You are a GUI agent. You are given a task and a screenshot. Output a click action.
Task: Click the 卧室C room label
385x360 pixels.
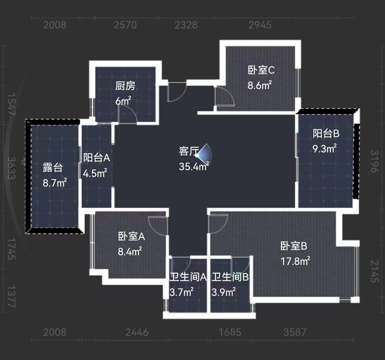[x=261, y=70]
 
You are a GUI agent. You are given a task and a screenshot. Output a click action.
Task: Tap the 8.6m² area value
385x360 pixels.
[x=260, y=85]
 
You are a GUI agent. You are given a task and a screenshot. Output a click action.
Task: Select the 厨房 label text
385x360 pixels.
[x=125, y=86]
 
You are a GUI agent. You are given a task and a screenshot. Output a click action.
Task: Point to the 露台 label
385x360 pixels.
[x=53, y=167]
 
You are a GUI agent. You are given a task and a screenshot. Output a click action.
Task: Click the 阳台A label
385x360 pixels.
[x=97, y=158]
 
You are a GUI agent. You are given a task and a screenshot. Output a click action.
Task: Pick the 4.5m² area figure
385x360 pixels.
[x=95, y=173]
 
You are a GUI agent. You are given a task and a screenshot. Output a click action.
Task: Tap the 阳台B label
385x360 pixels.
[x=326, y=134]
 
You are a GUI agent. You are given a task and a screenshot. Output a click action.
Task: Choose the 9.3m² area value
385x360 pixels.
[x=325, y=149]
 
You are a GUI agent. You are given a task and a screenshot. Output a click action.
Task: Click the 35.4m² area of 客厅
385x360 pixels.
[x=194, y=166]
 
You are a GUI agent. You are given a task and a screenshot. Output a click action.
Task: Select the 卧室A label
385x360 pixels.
[x=131, y=236]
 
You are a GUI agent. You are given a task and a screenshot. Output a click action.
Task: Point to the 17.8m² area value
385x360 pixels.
[x=295, y=261]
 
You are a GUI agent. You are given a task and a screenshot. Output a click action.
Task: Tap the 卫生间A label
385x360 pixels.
[x=188, y=277]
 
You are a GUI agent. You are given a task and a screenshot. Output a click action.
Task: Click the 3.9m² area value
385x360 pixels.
[x=223, y=292]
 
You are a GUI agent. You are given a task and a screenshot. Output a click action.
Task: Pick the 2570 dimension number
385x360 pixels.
[x=125, y=25]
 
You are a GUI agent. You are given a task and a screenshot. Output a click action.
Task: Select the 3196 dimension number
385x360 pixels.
[x=374, y=161]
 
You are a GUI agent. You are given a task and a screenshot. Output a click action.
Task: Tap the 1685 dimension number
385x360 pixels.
[x=230, y=332]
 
